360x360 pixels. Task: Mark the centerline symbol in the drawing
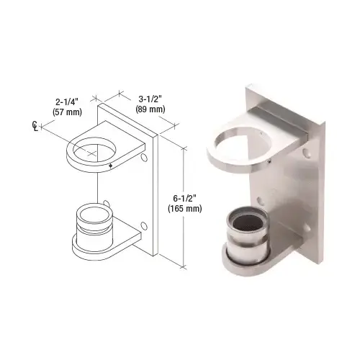pos(37,127)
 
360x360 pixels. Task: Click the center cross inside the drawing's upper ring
pos(94,149)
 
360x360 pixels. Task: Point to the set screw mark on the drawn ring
pos(110,166)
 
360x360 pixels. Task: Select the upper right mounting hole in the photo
pos(308,153)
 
